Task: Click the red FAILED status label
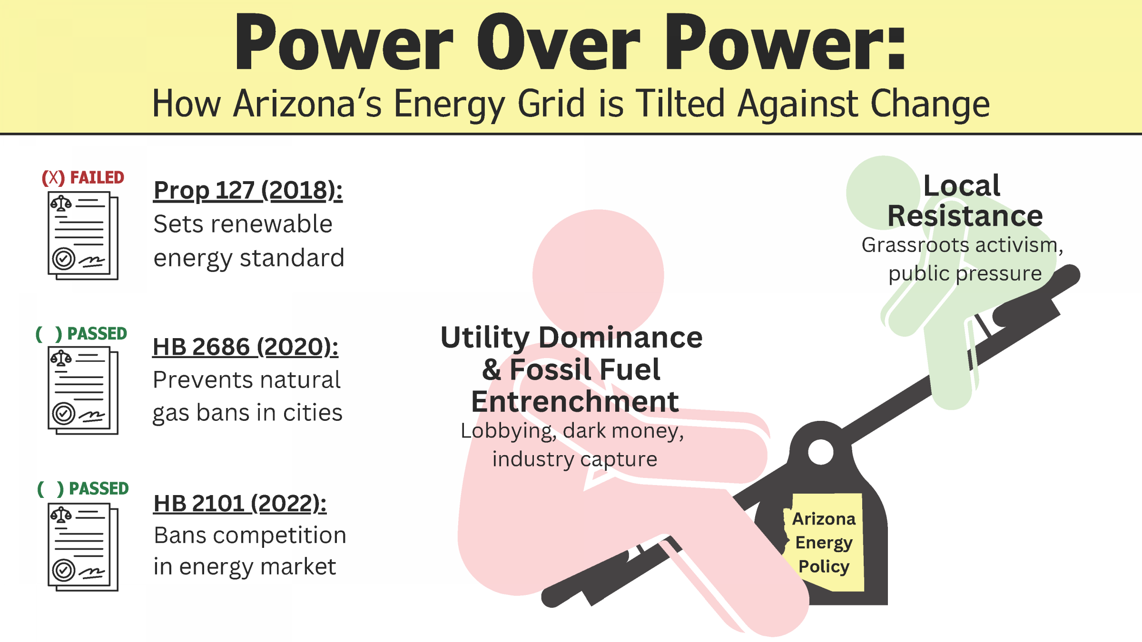tap(83, 177)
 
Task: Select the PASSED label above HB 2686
tap(81, 334)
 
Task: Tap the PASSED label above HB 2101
tap(83, 488)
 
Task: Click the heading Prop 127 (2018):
tap(248, 191)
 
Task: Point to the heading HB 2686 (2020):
tap(246, 347)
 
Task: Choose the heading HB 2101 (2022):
tap(240, 503)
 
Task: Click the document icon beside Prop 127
tap(83, 235)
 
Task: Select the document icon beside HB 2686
tap(83, 390)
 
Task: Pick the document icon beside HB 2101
tap(83, 547)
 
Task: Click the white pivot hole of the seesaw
tap(820, 452)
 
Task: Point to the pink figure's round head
tap(598, 275)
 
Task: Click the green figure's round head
tap(883, 193)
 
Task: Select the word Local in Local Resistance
tap(962, 185)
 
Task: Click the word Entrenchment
tap(575, 401)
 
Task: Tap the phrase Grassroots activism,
tap(962, 246)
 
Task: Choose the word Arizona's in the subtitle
tap(307, 104)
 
